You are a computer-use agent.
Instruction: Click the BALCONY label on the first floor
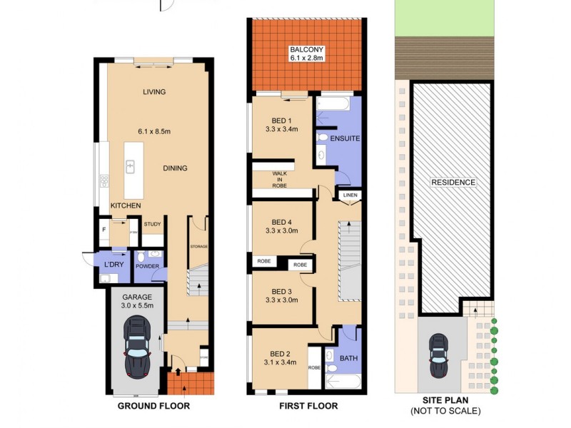coord(306,49)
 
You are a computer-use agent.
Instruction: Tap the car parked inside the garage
coord(138,347)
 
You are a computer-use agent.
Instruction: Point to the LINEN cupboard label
coord(349,195)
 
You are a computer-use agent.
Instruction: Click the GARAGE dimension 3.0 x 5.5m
coord(138,305)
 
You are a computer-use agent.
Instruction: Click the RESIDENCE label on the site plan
coord(453,183)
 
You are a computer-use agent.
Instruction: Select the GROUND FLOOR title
coord(154,406)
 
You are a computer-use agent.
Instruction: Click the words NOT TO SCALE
coord(445,411)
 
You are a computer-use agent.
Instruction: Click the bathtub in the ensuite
coord(333,105)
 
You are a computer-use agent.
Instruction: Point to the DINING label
coord(175,168)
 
